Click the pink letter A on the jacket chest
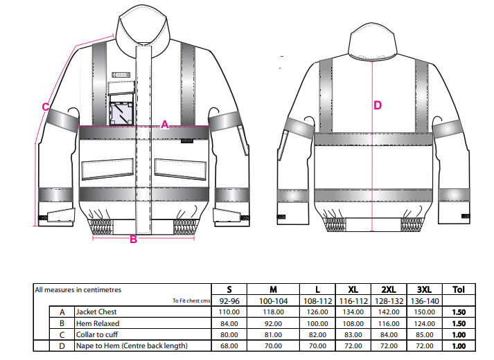(x=165, y=125)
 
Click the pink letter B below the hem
(x=133, y=239)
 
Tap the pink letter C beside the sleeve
(x=46, y=107)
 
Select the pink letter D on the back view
(x=378, y=105)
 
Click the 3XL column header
(x=425, y=289)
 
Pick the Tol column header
(x=459, y=289)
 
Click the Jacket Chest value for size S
(x=229, y=312)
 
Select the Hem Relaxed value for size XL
(x=353, y=323)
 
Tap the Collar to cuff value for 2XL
(x=389, y=334)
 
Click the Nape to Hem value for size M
(x=273, y=346)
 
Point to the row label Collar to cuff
(x=97, y=334)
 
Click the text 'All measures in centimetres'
(x=78, y=290)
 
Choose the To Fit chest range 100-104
(x=273, y=301)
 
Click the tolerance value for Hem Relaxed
(x=459, y=323)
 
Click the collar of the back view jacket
(x=372, y=41)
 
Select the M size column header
(x=273, y=289)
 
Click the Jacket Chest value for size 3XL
(x=425, y=312)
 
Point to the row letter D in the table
(x=62, y=346)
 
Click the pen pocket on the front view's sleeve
(x=243, y=141)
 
